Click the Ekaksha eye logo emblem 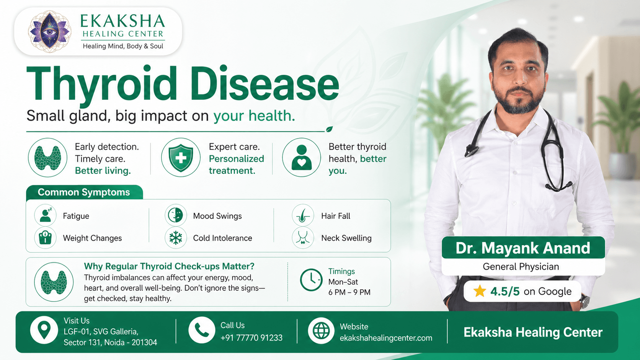[x=49, y=31]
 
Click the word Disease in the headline [x=264, y=84]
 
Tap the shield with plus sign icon [x=181, y=158]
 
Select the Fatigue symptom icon [x=46, y=215]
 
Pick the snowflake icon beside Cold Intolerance [x=176, y=238]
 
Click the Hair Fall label [x=336, y=216]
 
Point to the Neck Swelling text [x=346, y=238]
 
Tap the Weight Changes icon [x=46, y=238]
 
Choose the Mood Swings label [x=217, y=216]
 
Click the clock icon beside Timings [x=311, y=280]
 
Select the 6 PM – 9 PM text [x=349, y=292]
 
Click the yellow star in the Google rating [x=480, y=291]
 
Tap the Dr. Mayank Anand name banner [x=523, y=248]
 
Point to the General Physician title [x=521, y=267]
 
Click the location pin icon [x=44, y=330]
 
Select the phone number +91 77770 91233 [x=251, y=338]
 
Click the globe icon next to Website [x=321, y=331]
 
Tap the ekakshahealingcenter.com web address [x=386, y=338]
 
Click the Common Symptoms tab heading [x=84, y=192]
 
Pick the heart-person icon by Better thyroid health [x=302, y=158]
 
